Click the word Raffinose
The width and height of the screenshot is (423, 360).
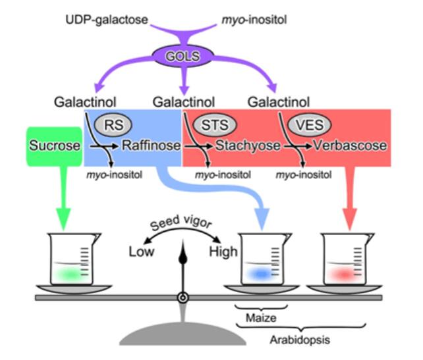(150, 146)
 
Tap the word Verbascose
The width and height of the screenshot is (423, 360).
(350, 146)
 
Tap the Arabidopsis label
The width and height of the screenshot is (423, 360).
(298, 340)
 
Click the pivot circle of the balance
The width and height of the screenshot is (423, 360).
(183, 299)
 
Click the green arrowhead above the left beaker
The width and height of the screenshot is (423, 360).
(64, 218)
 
